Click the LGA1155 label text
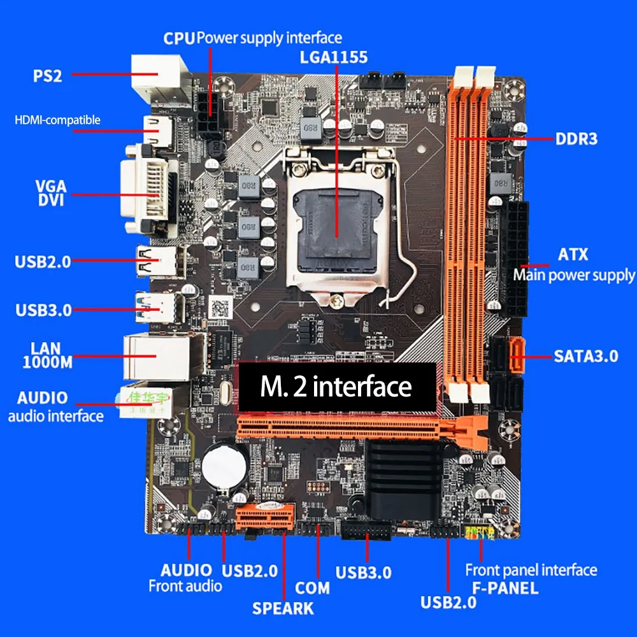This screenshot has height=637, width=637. (x=334, y=57)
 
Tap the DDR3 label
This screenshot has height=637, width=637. (x=576, y=138)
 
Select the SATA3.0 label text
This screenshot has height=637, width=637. (x=585, y=355)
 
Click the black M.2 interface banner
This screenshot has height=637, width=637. (x=336, y=387)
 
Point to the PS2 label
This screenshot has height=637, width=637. (x=48, y=76)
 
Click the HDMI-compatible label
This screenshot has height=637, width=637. (x=57, y=120)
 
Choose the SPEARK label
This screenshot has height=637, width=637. (x=283, y=608)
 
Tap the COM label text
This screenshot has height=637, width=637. (x=312, y=587)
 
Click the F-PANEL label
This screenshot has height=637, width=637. (x=505, y=588)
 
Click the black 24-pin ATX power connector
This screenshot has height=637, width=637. (x=516, y=258)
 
